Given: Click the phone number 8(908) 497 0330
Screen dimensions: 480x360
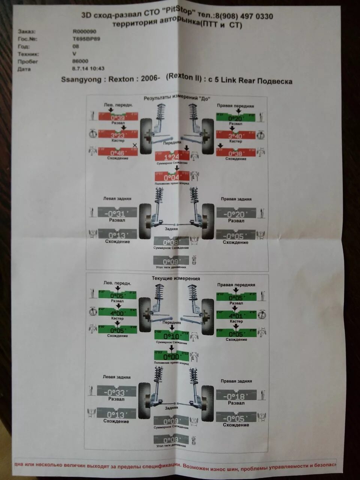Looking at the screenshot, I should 244,16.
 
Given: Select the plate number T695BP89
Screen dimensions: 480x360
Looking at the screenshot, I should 86,39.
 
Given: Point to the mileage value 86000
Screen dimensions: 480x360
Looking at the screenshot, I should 80,61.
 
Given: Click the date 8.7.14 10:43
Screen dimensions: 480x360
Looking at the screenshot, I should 88,69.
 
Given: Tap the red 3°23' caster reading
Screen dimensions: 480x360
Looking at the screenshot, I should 118,135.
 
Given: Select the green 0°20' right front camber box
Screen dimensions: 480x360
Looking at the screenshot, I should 235,117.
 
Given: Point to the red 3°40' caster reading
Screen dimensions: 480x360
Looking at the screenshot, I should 235,136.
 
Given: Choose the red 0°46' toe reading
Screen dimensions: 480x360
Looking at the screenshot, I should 118,153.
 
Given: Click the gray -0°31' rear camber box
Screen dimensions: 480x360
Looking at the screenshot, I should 117,214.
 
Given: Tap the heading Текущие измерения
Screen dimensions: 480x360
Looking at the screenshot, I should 175,279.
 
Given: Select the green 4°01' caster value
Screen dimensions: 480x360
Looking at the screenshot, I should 235,315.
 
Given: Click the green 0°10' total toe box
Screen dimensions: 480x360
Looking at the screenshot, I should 171,336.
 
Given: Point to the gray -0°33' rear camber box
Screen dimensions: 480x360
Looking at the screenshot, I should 116,392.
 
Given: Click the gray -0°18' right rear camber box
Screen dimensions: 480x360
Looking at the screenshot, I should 236,396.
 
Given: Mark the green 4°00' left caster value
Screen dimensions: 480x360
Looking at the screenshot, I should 117,313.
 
